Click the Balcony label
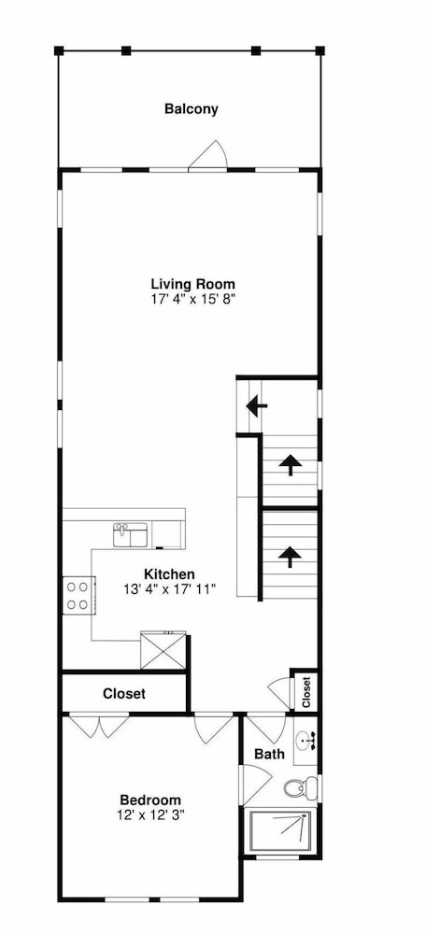192,109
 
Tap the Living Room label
193,284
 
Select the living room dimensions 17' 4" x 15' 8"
193,299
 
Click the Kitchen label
169,574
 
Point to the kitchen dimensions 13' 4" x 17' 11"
169,589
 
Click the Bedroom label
150,800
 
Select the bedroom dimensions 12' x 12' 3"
150,814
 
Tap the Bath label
269,754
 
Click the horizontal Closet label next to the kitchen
124,694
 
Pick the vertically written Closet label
306,692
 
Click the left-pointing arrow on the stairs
257,407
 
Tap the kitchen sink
131,535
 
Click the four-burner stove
78,596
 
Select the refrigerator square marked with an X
163,651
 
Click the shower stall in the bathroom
280,832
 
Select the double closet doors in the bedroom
99,726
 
